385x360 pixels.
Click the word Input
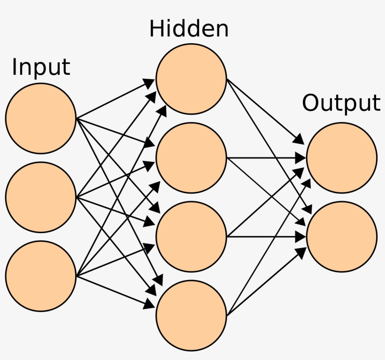pyautogui.click(x=41, y=67)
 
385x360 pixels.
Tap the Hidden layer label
pyautogui.click(x=189, y=29)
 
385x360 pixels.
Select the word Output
pyautogui.click(x=341, y=103)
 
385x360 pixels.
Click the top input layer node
pyautogui.click(x=41, y=118)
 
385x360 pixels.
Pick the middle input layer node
pyautogui.click(x=41, y=197)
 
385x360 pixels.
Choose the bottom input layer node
pyautogui.click(x=41, y=276)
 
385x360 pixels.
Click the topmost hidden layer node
pyautogui.click(x=191, y=78)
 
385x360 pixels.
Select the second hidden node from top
pyautogui.click(x=191, y=157)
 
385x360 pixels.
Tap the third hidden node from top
pyautogui.click(x=191, y=236)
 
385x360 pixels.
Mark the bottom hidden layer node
pyautogui.click(x=191, y=315)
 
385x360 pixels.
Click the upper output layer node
pyautogui.click(x=341, y=157)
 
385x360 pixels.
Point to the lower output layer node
pyautogui.click(x=341, y=236)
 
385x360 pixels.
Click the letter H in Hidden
pyautogui.click(x=155, y=29)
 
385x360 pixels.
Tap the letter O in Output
pyautogui.click(x=311, y=103)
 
